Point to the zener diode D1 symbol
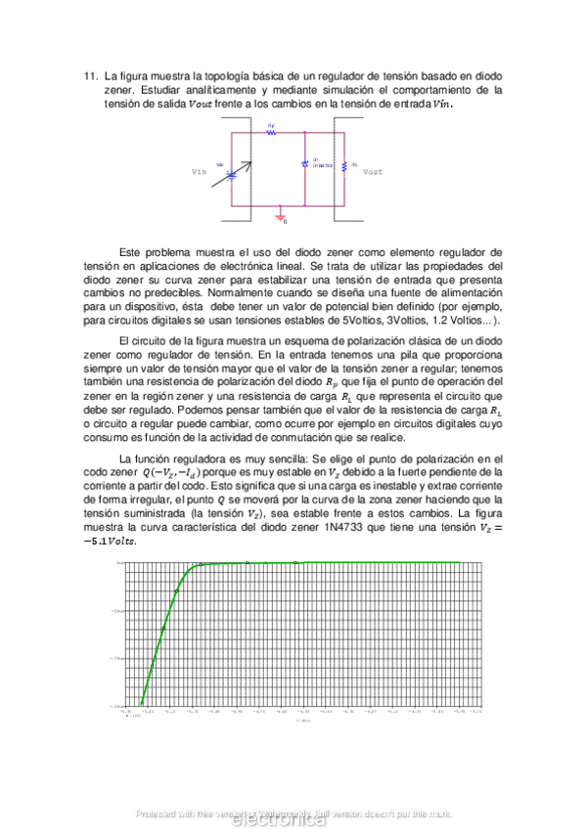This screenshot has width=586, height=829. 305,164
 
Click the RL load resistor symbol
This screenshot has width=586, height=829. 344,165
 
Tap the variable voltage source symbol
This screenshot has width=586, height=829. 231,174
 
